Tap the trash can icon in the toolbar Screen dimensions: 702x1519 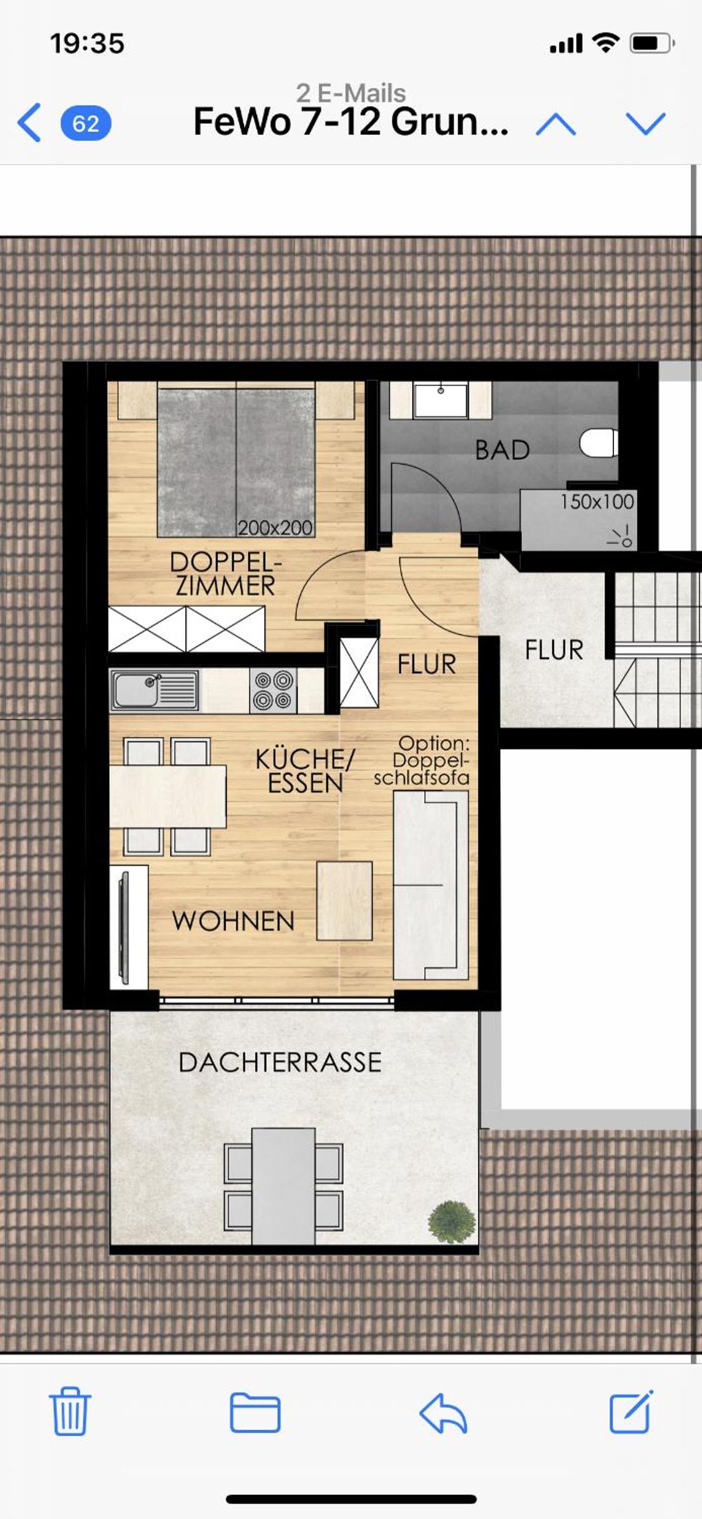(x=70, y=1411)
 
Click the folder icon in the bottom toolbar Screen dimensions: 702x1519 (x=255, y=1412)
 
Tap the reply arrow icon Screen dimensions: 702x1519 (x=443, y=1413)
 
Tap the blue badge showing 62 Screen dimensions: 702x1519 (x=86, y=124)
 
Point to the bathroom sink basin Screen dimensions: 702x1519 (x=441, y=400)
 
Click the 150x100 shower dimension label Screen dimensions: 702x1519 (x=597, y=502)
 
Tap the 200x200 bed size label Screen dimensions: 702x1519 (x=275, y=528)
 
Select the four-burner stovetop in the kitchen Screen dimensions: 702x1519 (x=273, y=691)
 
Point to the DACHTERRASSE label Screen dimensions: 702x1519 (x=280, y=1062)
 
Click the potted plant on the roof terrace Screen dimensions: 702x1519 (x=452, y=1221)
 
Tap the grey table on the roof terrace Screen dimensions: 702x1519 (x=283, y=1186)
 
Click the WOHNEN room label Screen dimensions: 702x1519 (x=233, y=921)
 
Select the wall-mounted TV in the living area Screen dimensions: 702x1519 (x=124, y=928)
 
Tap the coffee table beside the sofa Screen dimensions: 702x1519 (x=344, y=901)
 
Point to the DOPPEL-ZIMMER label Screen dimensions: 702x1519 (x=225, y=574)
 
